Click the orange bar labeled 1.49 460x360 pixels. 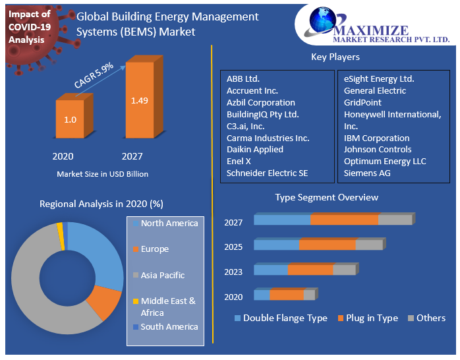tap(139, 101)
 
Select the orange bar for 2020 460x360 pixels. tap(70, 119)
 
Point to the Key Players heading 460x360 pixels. tap(335, 57)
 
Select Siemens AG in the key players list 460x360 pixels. tap(367, 173)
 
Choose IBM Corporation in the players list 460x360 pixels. tap(376, 138)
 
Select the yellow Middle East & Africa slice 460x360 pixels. tap(60, 228)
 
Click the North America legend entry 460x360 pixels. tap(169, 224)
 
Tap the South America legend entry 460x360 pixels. tap(169, 326)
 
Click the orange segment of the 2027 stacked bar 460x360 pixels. tap(344, 220)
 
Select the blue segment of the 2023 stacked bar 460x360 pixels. tap(271, 270)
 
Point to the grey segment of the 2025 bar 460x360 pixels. tap(368, 245)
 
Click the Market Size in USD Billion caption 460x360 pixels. tap(102, 174)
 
